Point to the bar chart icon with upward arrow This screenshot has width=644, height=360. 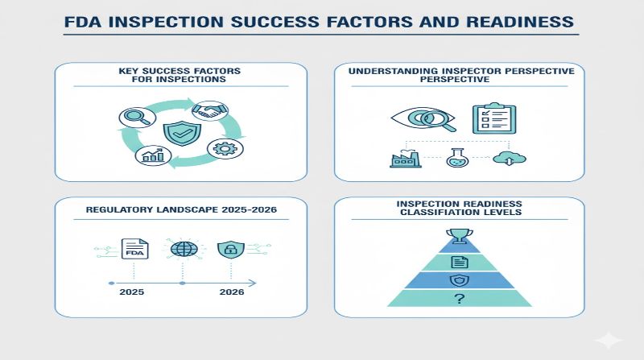point(151,155)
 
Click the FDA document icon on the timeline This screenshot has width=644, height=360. point(133,249)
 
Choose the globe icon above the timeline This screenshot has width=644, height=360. point(182,249)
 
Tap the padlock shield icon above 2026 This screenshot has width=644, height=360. point(230,249)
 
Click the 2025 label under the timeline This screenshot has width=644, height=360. point(134,293)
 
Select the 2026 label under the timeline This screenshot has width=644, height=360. point(232,293)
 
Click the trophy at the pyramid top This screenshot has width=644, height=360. point(460,236)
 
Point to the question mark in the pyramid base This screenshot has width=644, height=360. point(460,297)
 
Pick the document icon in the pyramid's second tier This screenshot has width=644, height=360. point(460,261)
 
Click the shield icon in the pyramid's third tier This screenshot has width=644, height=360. point(460,279)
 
